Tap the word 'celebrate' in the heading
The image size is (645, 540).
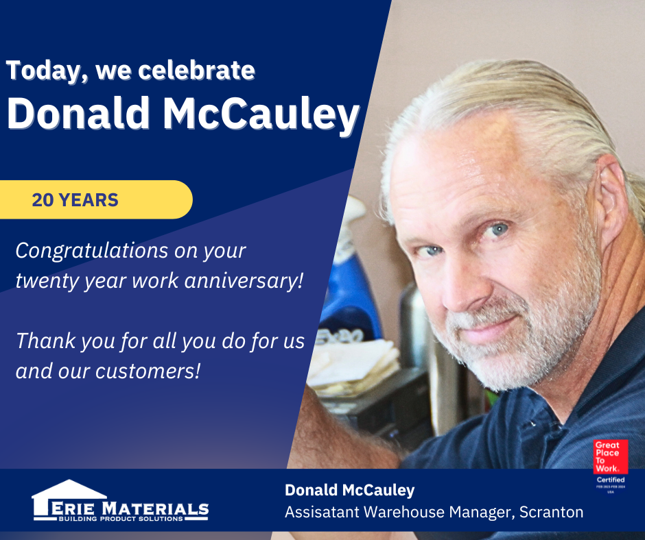coord(197,70)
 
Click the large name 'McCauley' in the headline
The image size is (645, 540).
coord(261,114)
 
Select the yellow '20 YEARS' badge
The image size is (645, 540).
coord(96,199)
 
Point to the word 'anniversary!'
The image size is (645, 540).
coord(244,281)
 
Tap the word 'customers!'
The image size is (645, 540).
coord(148,371)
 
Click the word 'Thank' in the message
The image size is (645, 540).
coord(46,341)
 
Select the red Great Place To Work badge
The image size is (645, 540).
coord(611,457)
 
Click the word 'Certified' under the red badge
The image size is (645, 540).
coord(611,480)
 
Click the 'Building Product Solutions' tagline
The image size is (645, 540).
coord(121,519)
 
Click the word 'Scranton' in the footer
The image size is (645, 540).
coord(551,513)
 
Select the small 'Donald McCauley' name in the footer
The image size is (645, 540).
coord(350,490)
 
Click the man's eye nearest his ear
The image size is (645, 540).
coord(497,230)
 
